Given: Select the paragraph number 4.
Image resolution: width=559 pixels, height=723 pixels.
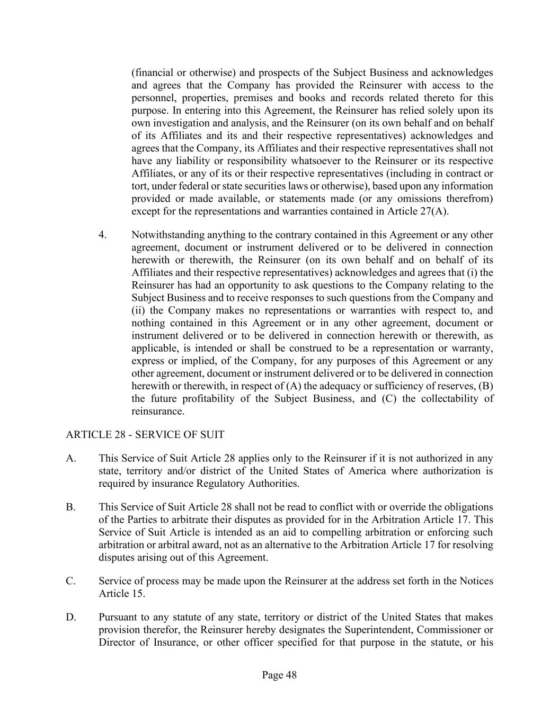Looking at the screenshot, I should point(102,235).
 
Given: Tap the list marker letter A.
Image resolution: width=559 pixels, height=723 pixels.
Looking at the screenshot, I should point(70,459).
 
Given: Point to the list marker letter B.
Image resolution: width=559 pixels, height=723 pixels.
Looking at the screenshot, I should point(70,507).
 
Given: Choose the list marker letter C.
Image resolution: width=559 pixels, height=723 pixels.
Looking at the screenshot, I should point(70,581).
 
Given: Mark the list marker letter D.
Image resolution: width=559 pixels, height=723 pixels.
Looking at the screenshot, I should point(70,618).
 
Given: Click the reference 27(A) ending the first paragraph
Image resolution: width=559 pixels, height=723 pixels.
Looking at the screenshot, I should point(434,211).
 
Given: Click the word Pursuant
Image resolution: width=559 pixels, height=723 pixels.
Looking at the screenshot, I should point(117,618).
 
